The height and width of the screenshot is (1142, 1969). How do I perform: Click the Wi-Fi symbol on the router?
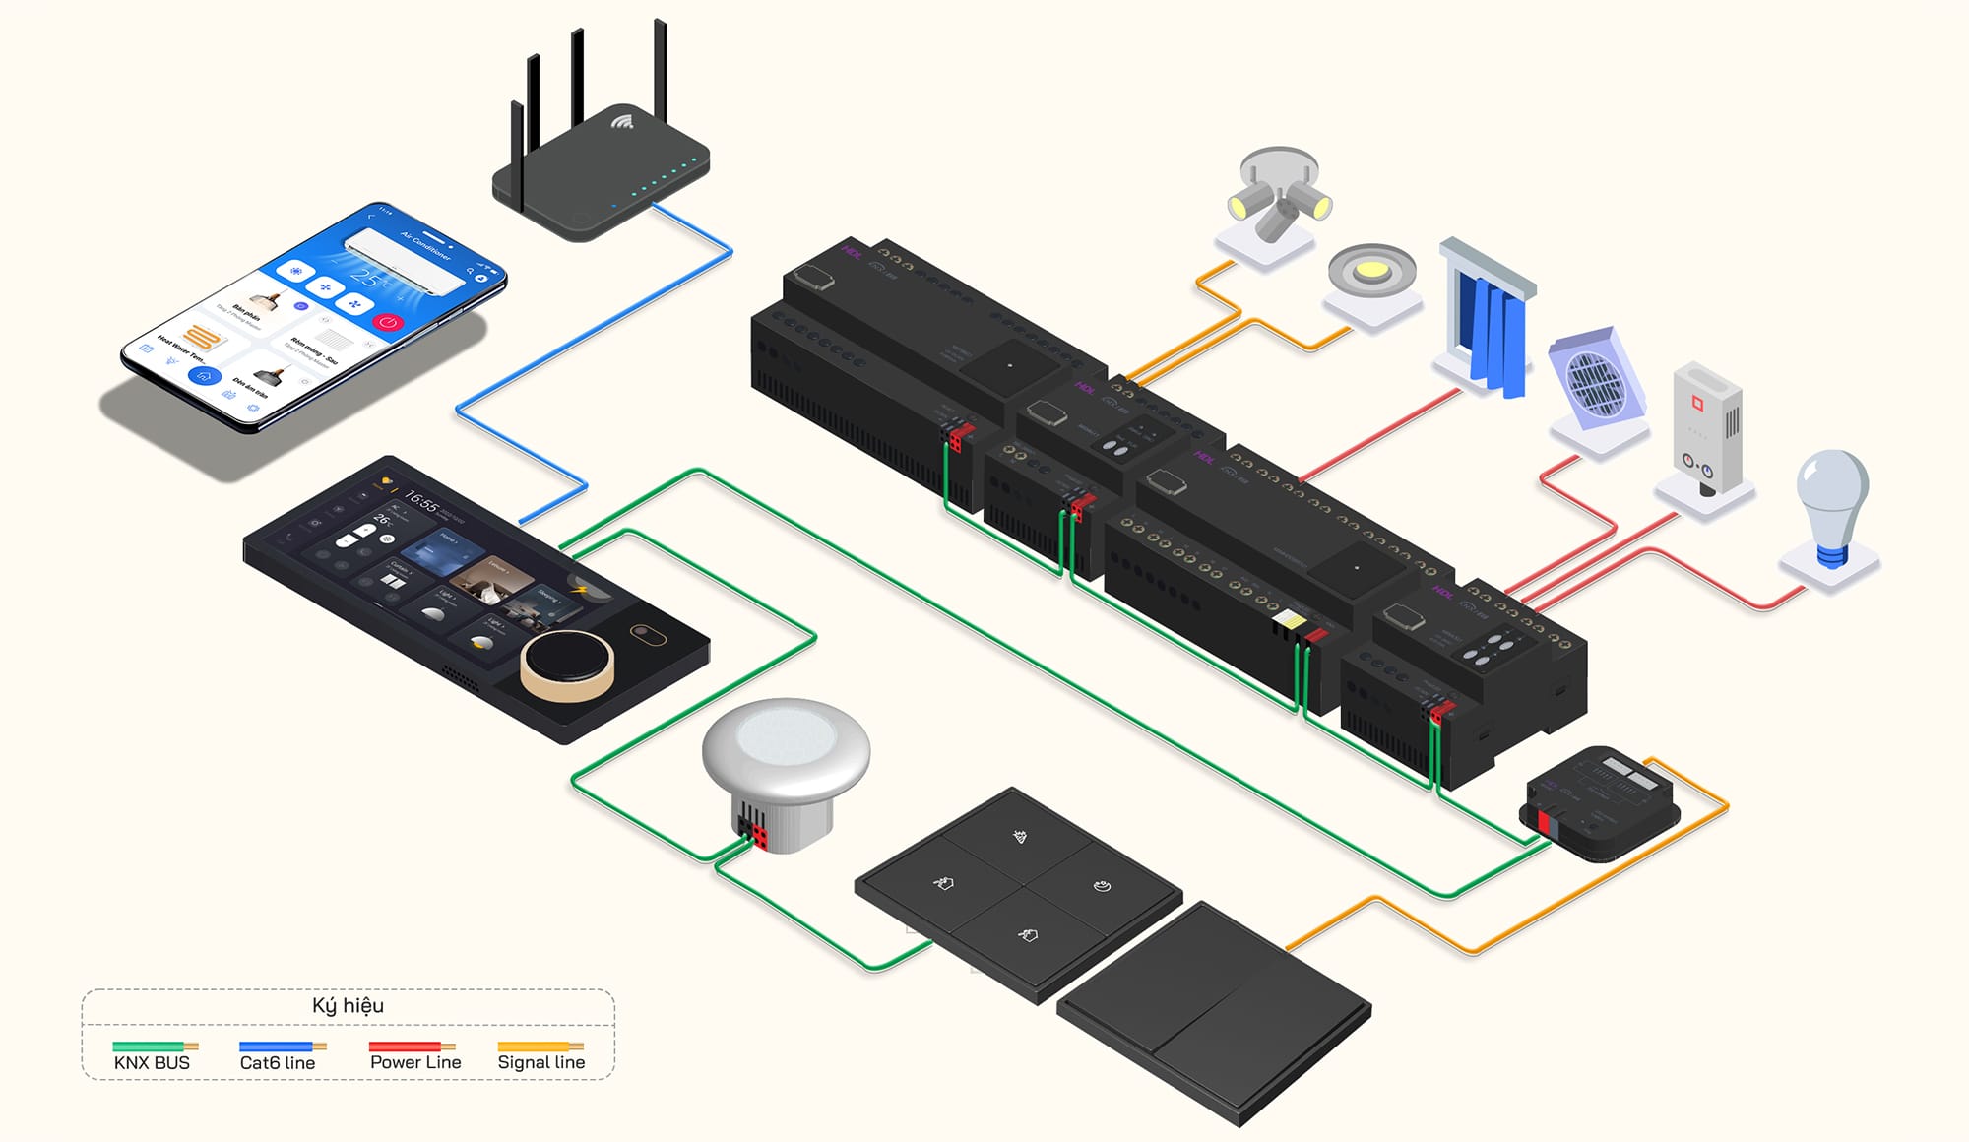621,122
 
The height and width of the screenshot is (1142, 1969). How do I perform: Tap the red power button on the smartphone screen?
389,322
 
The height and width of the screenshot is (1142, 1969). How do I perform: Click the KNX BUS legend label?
152,1062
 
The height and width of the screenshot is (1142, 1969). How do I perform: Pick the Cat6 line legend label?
278,1062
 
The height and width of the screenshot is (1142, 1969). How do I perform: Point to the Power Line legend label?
415,1062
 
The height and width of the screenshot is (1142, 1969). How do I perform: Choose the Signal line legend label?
540,1062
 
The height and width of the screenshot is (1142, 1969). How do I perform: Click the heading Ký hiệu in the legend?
348,1005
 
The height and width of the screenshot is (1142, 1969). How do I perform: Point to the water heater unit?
1708,428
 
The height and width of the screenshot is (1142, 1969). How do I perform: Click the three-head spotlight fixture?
1278,197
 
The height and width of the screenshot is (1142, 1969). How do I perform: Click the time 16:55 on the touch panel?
421,502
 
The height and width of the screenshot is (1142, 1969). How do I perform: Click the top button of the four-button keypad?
1020,837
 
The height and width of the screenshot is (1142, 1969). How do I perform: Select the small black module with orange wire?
1600,802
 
